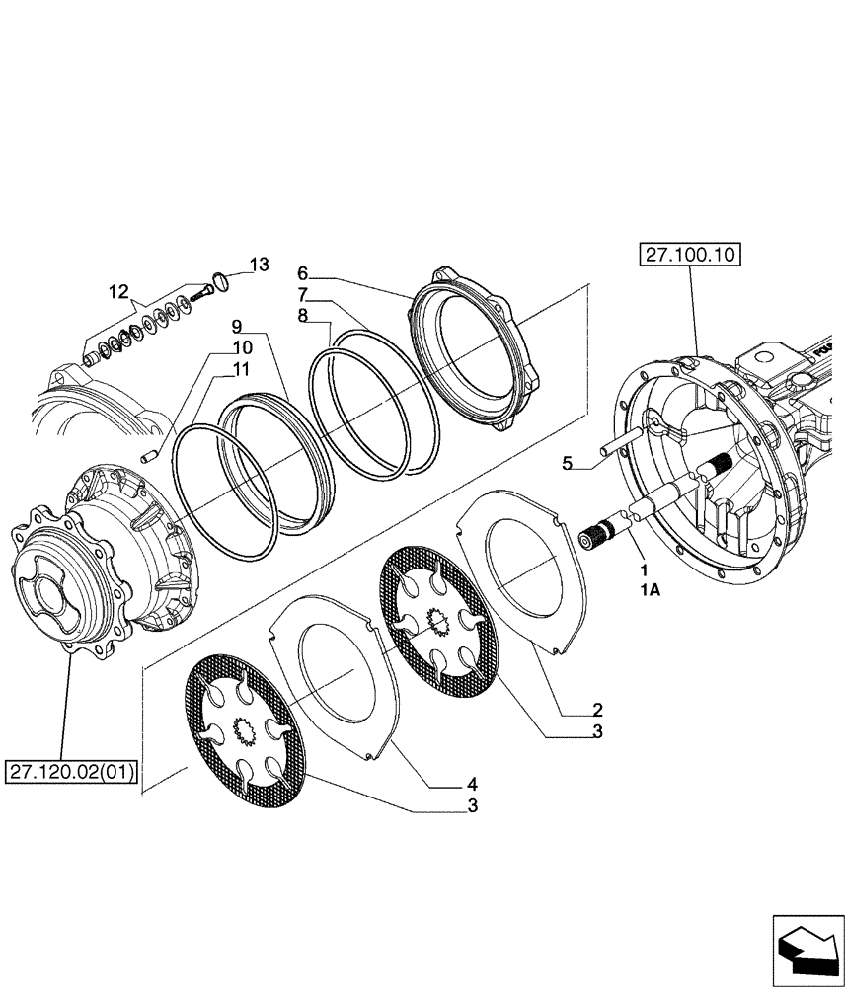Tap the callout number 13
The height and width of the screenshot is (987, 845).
click(258, 265)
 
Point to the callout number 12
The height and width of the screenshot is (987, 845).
click(118, 291)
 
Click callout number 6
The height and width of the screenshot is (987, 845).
click(303, 271)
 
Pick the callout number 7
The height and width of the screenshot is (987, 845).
click(303, 294)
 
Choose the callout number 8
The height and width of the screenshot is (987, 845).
click(303, 316)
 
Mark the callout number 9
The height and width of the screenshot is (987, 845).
click(237, 326)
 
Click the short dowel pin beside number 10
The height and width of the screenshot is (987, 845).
click(152, 453)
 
